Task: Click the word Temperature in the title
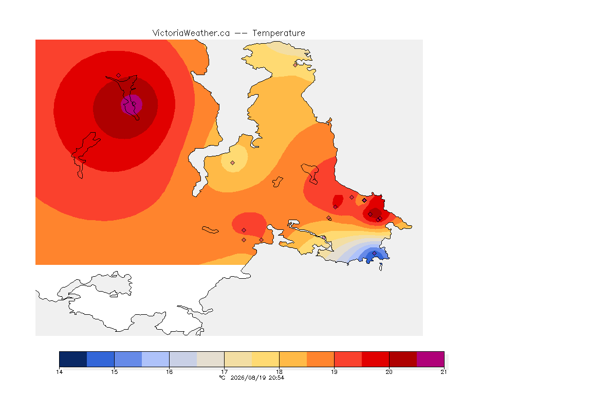point(279,33)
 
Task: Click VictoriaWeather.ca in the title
point(191,33)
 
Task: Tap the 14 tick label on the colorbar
point(59,372)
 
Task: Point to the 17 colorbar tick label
point(224,372)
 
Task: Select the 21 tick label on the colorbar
point(443,372)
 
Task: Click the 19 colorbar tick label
point(334,372)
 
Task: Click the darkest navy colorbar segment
point(73,359)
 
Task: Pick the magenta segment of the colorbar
point(431,359)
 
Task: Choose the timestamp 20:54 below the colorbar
point(276,378)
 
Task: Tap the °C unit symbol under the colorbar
point(223,378)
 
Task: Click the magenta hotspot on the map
point(132,104)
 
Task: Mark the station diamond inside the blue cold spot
point(374,253)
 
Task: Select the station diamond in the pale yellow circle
point(233,163)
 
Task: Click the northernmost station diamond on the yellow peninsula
point(295,65)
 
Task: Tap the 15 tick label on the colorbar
point(115,372)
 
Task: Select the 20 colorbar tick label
point(389,372)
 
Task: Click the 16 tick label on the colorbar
point(169,372)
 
